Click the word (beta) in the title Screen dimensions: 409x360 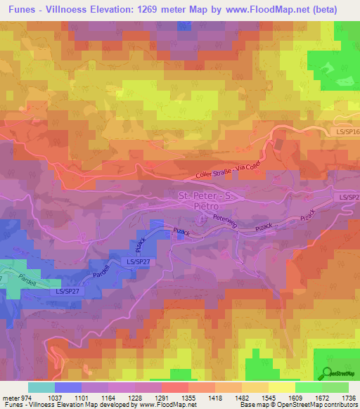pos(322,10)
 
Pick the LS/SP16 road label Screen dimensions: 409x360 pos(344,131)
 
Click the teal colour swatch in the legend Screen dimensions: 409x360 pos(41,387)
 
